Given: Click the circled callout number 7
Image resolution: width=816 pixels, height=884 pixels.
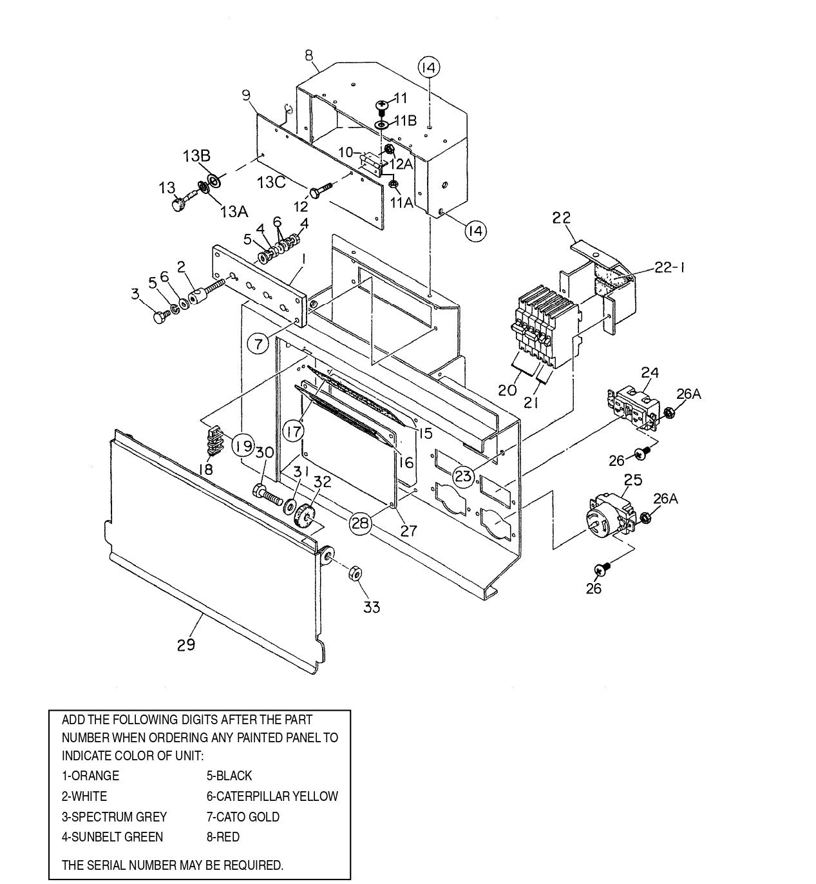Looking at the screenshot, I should [x=258, y=344].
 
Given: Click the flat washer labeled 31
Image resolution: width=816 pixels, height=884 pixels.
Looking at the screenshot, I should [x=290, y=505].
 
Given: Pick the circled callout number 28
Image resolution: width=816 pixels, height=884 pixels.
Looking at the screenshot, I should [x=361, y=523].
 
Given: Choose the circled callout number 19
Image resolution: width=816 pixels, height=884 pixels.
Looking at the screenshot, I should [x=243, y=445].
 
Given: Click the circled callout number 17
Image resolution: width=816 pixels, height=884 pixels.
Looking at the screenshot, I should [x=294, y=431].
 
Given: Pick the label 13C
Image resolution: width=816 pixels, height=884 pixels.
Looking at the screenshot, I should [x=271, y=182].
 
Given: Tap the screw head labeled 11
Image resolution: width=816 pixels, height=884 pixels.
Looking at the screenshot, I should [x=382, y=104].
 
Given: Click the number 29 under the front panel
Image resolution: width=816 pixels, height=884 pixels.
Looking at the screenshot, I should [x=186, y=644].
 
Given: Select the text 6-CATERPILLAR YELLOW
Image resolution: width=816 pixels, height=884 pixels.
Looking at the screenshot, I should [x=272, y=796].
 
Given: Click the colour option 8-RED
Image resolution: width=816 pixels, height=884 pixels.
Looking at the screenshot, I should [x=223, y=837].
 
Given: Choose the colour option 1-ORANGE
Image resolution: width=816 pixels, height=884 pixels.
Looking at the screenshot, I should [x=90, y=776].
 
